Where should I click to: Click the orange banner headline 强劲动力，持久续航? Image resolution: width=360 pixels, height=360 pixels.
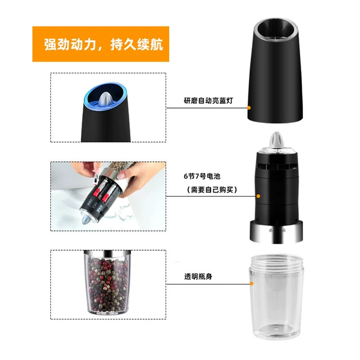click(104, 44)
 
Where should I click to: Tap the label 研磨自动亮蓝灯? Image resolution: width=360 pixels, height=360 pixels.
click(208, 101)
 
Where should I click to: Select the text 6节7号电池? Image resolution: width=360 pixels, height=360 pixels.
click(202, 176)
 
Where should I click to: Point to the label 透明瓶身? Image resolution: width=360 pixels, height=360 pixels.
click(198, 277)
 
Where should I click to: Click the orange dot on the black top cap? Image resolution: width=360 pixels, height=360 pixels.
click(249, 107)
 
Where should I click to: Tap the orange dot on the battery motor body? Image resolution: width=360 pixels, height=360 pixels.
click(258, 196)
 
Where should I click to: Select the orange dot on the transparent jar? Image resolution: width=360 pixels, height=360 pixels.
click(251, 284)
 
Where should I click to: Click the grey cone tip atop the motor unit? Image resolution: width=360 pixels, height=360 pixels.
click(277, 140)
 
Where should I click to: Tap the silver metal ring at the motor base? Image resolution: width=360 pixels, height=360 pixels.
click(276, 232)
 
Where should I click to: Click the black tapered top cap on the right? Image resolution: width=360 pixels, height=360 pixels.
click(275, 71)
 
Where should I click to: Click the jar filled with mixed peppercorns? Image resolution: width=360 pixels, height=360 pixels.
click(107, 283)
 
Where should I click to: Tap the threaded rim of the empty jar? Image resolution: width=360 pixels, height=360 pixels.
click(277, 263)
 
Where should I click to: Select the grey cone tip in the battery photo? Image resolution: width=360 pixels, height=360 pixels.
click(86, 219)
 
